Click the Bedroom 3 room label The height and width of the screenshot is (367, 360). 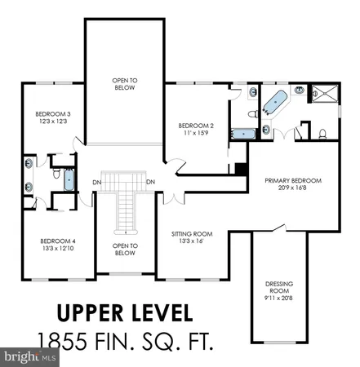pos(47,113)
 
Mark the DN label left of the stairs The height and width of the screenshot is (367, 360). pos(96,182)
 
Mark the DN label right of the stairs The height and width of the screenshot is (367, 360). pos(151,182)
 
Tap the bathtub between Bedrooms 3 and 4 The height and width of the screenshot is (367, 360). pos(69,179)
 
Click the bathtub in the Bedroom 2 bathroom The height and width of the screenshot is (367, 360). pos(242,133)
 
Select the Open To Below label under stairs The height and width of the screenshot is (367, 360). pos(124,250)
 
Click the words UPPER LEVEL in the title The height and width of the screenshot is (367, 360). pos(125,313)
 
